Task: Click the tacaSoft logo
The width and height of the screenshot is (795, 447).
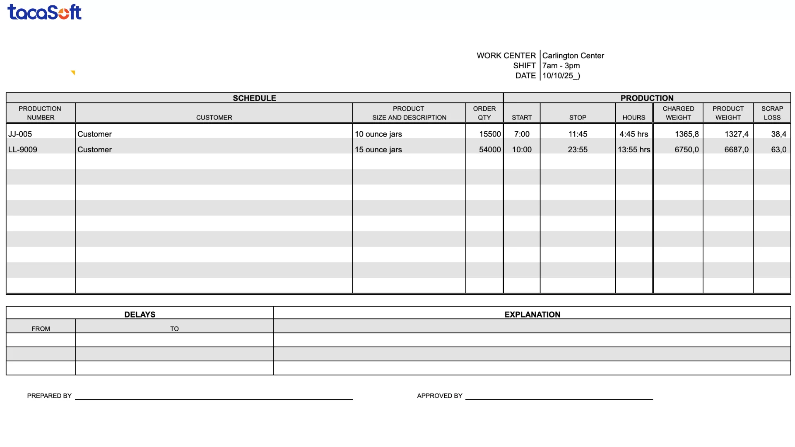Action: click(x=44, y=12)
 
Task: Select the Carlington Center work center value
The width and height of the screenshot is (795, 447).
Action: click(x=573, y=55)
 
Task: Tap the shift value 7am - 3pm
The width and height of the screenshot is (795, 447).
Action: click(x=561, y=65)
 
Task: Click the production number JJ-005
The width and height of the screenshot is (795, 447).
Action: click(x=20, y=134)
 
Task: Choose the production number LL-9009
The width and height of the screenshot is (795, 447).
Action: click(x=22, y=149)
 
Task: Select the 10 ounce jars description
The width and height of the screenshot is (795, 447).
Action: click(x=378, y=134)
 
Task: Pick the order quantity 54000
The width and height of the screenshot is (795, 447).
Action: click(x=489, y=149)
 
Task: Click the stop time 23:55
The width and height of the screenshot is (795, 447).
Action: click(x=577, y=149)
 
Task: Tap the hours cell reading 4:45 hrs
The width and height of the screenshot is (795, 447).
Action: click(x=634, y=134)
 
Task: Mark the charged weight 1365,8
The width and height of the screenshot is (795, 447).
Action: click(x=686, y=134)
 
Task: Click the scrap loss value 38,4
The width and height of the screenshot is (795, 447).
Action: click(x=778, y=134)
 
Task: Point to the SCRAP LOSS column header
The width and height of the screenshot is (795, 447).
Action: click(x=772, y=113)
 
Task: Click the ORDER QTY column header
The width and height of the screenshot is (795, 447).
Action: click(x=484, y=113)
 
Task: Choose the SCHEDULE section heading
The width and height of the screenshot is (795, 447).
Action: click(x=254, y=98)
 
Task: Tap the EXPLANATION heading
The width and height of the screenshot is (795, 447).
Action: click(x=532, y=315)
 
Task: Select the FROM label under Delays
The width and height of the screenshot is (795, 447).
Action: click(x=41, y=329)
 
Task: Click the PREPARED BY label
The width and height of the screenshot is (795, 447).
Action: click(x=49, y=396)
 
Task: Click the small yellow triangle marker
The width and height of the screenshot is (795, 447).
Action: click(x=73, y=73)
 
